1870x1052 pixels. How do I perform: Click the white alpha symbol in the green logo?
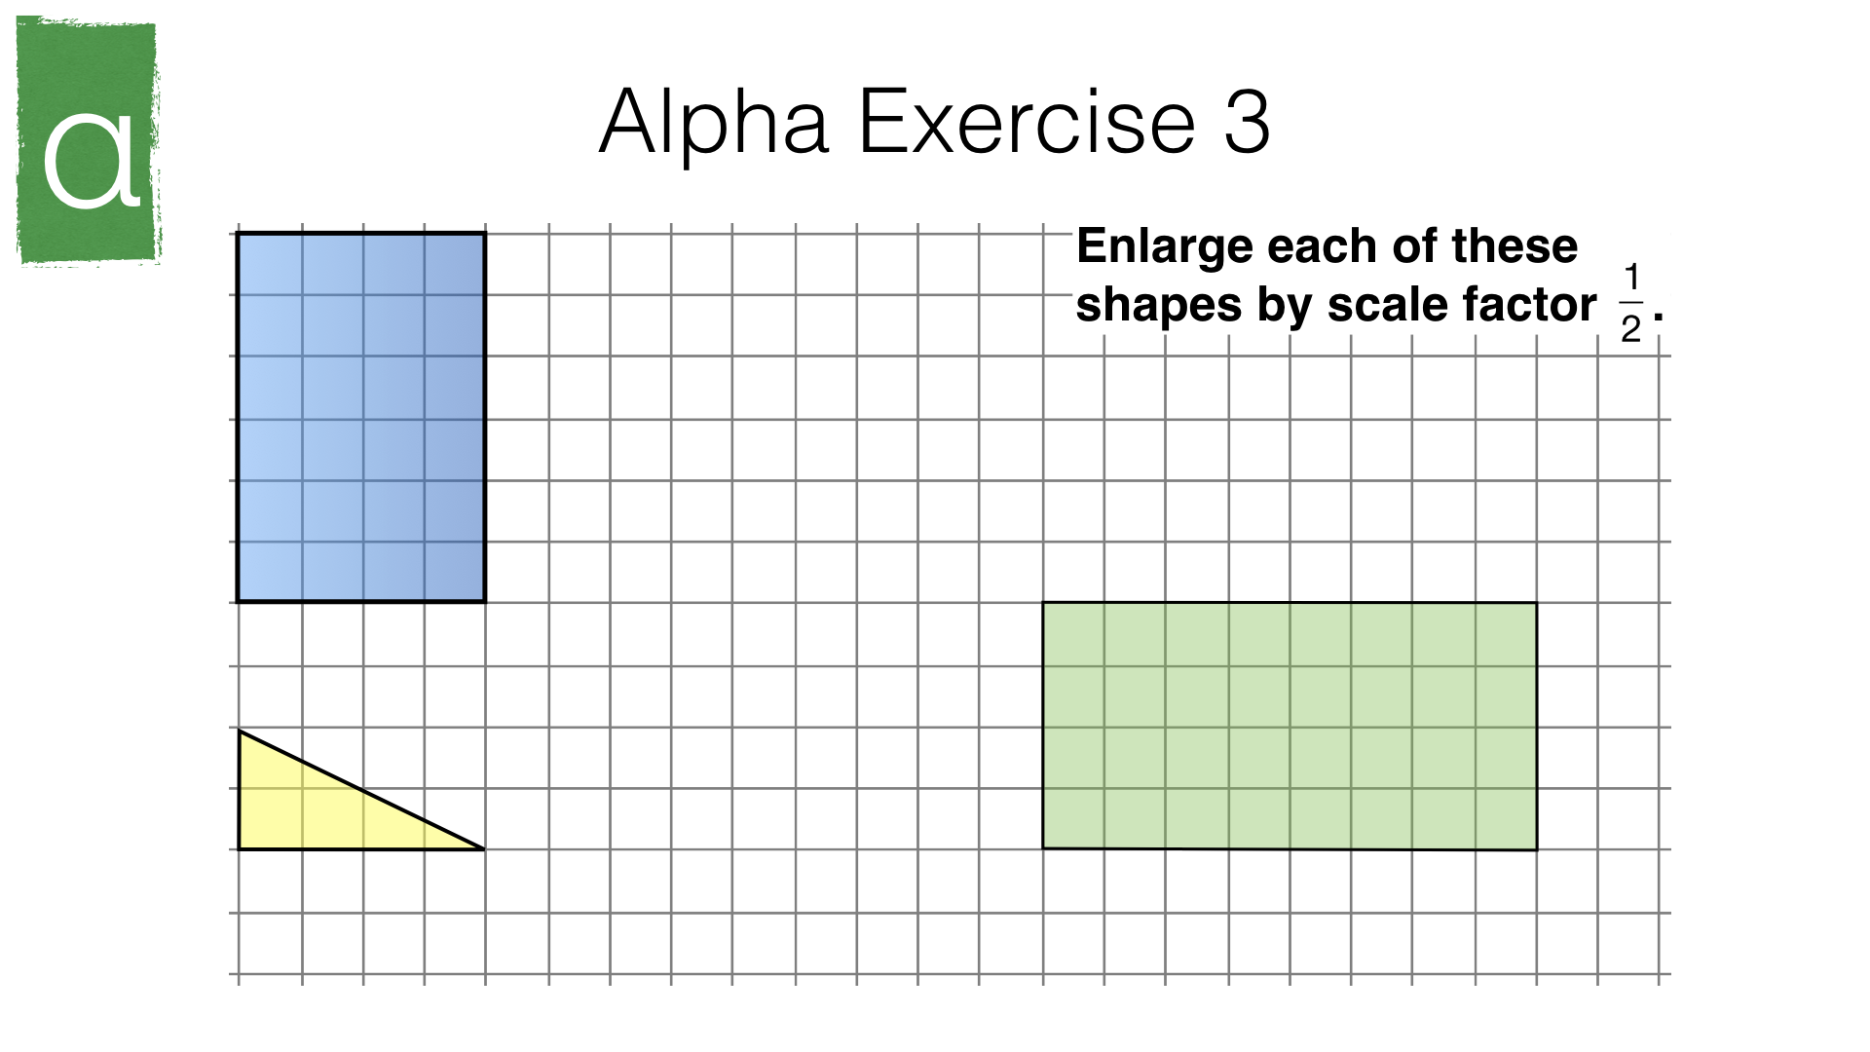point(92,160)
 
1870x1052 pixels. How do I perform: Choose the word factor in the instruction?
point(1526,305)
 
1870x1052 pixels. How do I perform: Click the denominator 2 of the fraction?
point(1631,329)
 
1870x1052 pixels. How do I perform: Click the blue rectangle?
point(361,418)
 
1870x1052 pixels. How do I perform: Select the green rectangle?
point(1290,726)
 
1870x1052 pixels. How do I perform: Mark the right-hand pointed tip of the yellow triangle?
point(484,849)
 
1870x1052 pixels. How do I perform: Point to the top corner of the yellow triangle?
point(240,731)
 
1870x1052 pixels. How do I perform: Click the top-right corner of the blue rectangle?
point(485,233)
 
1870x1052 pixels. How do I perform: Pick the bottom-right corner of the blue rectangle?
point(485,602)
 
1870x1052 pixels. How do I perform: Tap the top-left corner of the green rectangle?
point(1043,603)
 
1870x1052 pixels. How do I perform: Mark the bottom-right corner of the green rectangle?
point(1537,849)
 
